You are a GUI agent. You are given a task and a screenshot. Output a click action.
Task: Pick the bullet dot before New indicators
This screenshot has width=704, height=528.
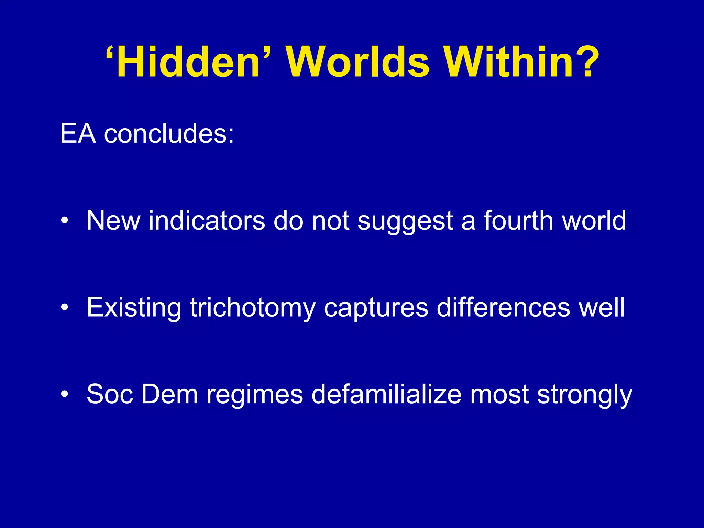(64, 221)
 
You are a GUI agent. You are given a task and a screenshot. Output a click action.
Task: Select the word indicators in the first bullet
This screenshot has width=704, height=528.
(207, 221)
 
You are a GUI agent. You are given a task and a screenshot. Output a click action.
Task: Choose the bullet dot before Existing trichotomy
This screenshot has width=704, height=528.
(64, 307)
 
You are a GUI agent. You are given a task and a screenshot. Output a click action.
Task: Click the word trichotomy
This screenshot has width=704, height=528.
(252, 307)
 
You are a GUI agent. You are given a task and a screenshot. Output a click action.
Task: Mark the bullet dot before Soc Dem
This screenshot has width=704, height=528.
(64, 394)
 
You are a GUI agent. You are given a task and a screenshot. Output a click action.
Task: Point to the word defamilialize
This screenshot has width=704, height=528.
(386, 394)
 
